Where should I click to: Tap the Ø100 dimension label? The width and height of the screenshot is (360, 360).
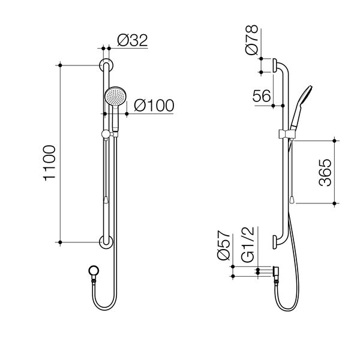(154, 106)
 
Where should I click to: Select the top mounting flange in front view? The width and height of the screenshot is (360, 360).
(105, 65)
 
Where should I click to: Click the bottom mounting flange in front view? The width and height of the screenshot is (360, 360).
(105, 242)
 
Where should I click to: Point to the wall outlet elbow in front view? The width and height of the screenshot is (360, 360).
(92, 271)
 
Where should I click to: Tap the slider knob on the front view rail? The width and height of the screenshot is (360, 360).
(106, 134)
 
